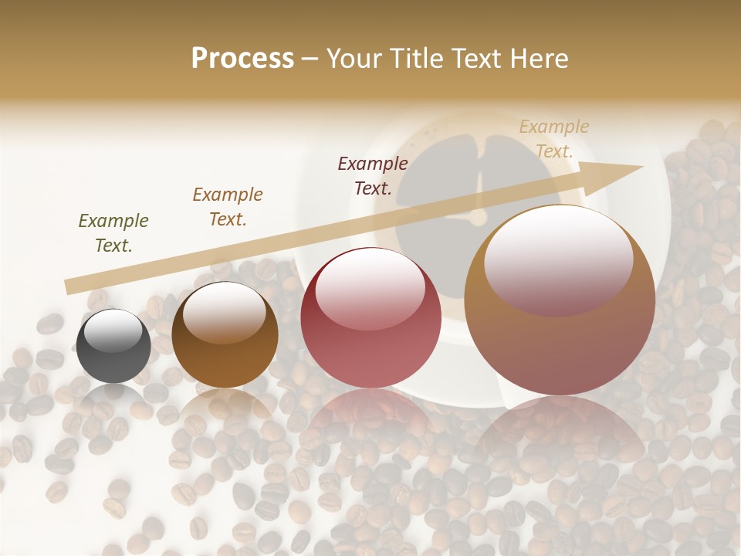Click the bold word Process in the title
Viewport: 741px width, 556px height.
click(x=242, y=59)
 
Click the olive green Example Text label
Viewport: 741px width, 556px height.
click(x=113, y=233)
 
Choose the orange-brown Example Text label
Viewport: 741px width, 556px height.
click(x=228, y=207)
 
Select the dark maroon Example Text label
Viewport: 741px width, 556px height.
click(x=373, y=176)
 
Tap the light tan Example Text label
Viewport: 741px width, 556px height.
click(x=554, y=139)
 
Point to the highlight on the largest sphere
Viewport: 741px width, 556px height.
click(x=558, y=259)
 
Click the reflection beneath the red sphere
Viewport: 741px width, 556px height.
click(x=370, y=421)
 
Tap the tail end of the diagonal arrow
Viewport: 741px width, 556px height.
click(x=71, y=286)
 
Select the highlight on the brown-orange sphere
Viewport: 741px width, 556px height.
click(x=225, y=313)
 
